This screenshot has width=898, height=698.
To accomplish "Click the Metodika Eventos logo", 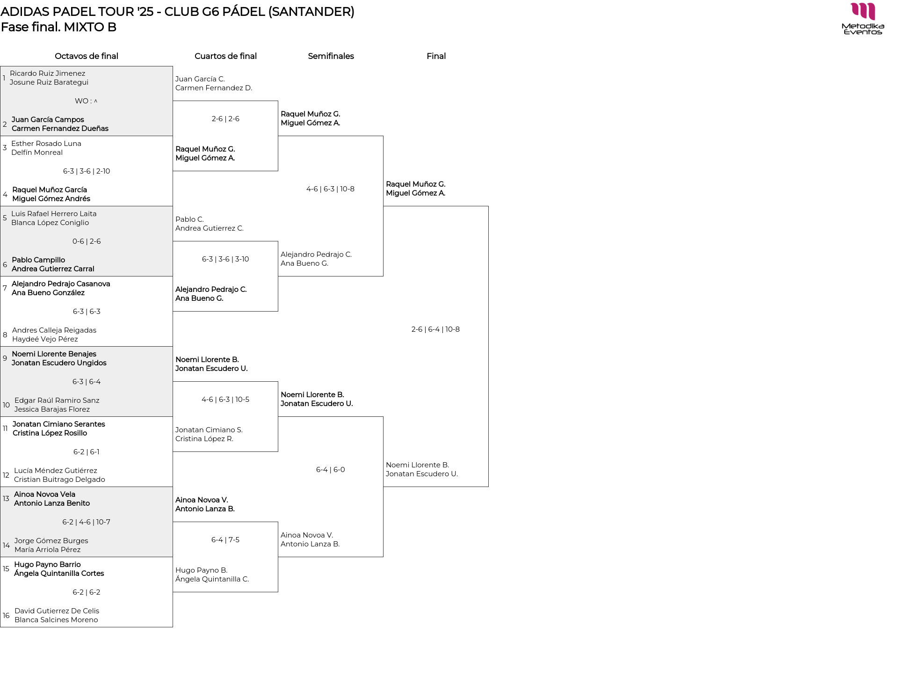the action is [863, 19].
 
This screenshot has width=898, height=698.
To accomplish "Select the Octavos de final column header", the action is [87, 56].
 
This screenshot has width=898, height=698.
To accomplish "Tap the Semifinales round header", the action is [331, 56].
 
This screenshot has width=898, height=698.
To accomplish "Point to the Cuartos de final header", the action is [225, 56].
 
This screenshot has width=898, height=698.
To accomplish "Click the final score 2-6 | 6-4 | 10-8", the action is [435, 329].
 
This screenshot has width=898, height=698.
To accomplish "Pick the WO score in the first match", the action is [87, 101].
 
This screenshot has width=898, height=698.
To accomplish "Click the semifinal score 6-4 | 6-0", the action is [330, 470].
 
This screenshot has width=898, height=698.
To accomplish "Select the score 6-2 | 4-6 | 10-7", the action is [87, 522].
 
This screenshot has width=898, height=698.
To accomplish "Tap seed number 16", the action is [6, 616].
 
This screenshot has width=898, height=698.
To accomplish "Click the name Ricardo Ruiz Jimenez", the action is [48, 73].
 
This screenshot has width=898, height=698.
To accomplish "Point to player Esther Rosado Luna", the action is [46, 144].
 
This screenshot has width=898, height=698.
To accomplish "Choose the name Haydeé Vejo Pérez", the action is [45, 339].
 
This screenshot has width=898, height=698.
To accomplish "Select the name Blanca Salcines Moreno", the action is [56, 620].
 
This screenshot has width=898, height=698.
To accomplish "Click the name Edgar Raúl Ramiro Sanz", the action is [57, 400].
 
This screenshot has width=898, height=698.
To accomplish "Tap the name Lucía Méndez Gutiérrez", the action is [56, 471].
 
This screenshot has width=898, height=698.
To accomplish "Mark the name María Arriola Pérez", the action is [47, 550].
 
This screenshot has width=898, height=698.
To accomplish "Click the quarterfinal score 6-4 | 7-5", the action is [225, 540].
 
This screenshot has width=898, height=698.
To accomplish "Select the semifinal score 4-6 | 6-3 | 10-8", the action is [330, 189].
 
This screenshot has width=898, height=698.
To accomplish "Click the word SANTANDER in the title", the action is [311, 12].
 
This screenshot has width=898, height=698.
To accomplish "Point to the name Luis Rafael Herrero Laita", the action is [54, 214].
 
